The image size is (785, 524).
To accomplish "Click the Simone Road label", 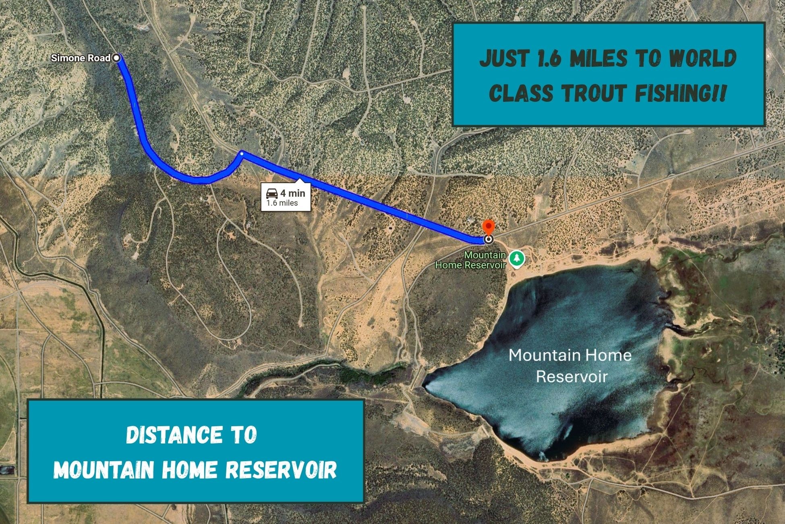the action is tap(81, 58).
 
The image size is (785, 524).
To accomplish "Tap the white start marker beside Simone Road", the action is tap(116, 58).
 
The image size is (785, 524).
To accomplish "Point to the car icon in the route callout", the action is tap(271, 193).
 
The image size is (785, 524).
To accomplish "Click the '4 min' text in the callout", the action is tap(293, 193).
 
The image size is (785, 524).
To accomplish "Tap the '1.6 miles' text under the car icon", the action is tap(282, 203).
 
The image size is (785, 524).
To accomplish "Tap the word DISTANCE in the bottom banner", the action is tap(174, 435).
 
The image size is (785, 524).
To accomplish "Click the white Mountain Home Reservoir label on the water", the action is tap(570, 366).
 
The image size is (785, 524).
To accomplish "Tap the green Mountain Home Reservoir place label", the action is tap(470, 260).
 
